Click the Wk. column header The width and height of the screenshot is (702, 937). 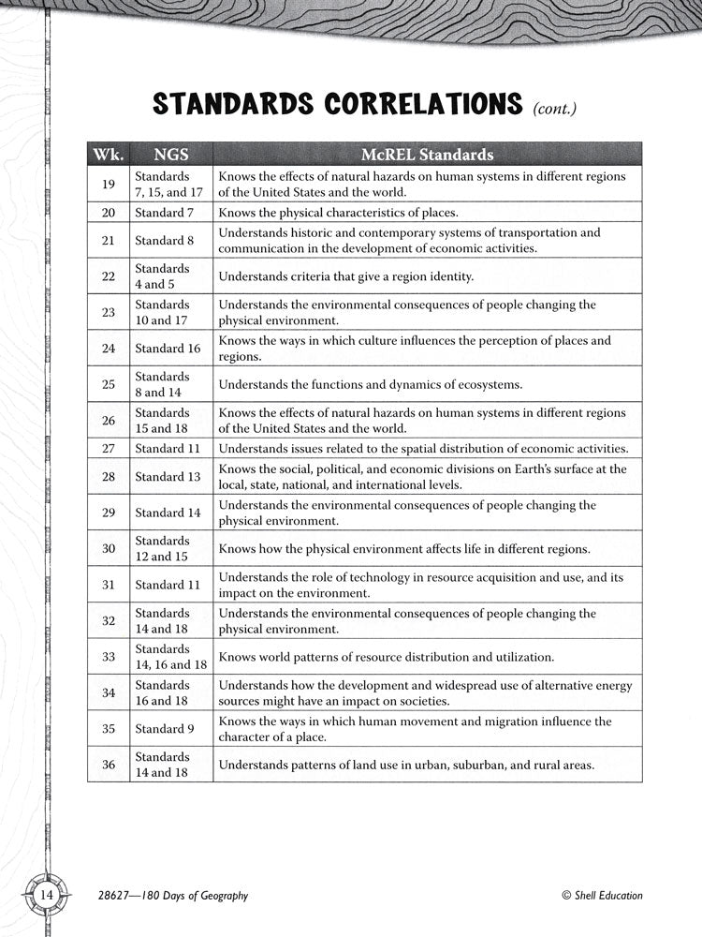point(108,155)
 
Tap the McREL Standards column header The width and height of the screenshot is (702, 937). point(428,155)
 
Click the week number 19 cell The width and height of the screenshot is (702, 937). point(108,185)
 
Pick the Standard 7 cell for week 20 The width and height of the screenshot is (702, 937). point(164,213)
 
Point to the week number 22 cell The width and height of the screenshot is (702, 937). point(108,276)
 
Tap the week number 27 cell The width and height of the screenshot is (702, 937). point(108,448)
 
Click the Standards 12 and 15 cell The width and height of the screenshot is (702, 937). point(161,548)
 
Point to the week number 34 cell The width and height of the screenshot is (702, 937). point(108,693)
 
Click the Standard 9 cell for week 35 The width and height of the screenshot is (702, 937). point(164,729)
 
